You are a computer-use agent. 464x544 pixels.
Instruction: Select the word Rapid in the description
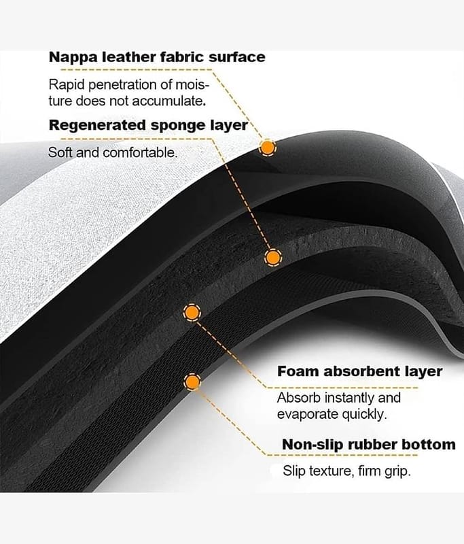(66, 85)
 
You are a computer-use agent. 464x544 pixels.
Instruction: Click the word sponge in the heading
(179, 125)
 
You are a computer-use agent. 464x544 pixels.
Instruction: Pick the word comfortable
(140, 152)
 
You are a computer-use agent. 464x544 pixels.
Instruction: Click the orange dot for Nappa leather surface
(268, 147)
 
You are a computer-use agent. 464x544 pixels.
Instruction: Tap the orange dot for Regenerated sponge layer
(273, 257)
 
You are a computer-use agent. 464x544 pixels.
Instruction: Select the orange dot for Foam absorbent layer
(192, 312)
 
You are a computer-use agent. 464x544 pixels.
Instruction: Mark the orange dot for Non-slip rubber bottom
(194, 383)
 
